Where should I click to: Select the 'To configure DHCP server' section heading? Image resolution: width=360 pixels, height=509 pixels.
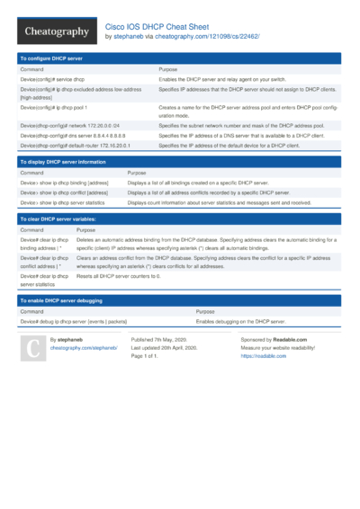click(50, 58)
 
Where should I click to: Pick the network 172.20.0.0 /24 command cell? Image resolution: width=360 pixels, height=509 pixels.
click(70, 126)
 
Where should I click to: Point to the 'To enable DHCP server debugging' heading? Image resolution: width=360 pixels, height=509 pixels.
click(61, 299)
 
